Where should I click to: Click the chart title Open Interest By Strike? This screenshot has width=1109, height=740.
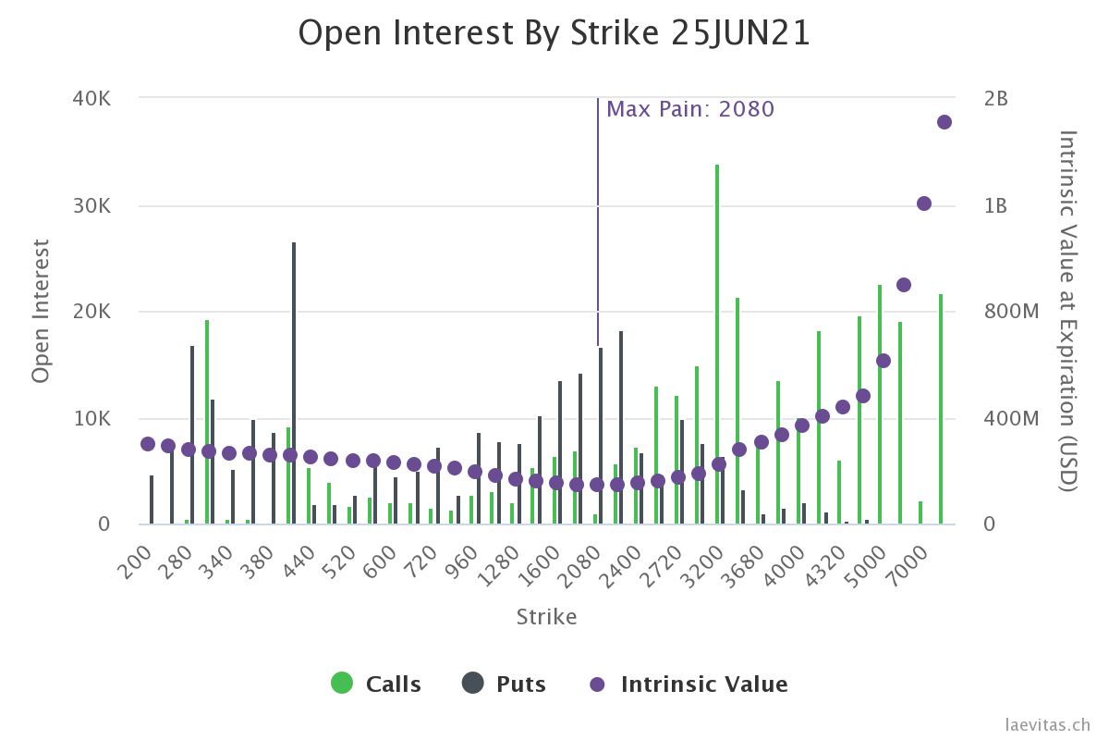[x=554, y=33]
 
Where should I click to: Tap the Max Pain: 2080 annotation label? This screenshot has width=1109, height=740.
[x=689, y=109]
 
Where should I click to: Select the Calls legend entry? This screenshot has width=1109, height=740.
[x=376, y=684]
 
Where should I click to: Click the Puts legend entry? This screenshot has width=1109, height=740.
[x=505, y=684]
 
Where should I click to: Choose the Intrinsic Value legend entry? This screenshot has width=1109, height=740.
[x=689, y=684]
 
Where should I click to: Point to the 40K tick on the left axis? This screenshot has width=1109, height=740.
[x=91, y=98]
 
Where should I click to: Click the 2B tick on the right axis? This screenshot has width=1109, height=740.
[x=995, y=98]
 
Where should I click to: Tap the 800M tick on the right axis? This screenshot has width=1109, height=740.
[x=1009, y=312]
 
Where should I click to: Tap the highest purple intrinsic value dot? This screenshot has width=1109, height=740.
[x=944, y=122]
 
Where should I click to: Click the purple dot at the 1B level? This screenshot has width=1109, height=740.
[x=923, y=203]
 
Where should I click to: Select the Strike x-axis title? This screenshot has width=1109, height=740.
[x=546, y=617]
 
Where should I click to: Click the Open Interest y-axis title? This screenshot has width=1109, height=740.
[x=41, y=311]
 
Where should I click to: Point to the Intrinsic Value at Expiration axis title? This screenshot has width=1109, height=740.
[x=1068, y=311]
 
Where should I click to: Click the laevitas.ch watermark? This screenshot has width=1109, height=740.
[x=1048, y=725]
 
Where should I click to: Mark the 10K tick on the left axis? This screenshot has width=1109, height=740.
[x=91, y=418]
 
